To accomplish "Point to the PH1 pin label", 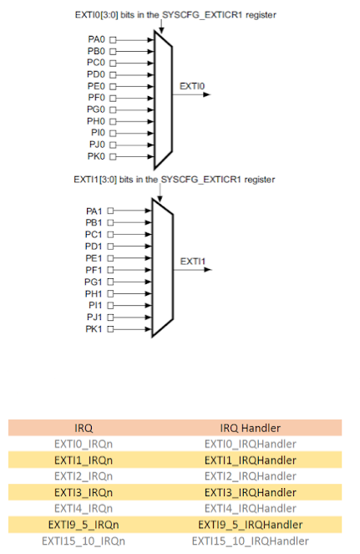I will coord(94,292).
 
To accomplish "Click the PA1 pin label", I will coord(94,211).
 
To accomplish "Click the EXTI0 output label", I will coord(193,85).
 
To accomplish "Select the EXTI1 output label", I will coord(193,261).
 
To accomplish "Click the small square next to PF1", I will coord(109,270).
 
